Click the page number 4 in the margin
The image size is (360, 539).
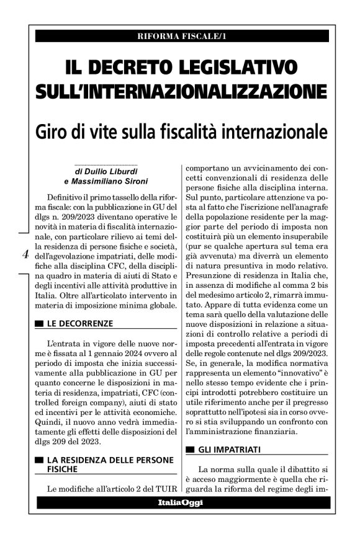pyautogui.click(x=25, y=254)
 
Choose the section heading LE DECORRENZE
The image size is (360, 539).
pyautogui.click(x=80, y=323)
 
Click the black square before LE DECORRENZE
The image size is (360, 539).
pyautogui.click(x=39, y=324)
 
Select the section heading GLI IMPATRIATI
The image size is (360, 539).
pyautogui.click(x=228, y=448)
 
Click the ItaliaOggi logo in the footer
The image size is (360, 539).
pyautogui.click(x=179, y=503)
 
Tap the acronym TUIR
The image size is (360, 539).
pyautogui.click(x=164, y=489)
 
